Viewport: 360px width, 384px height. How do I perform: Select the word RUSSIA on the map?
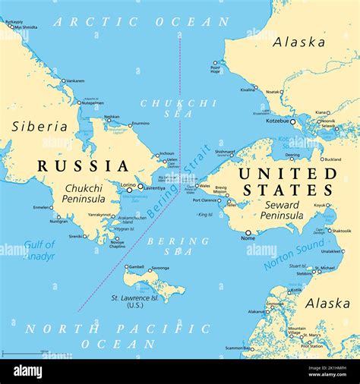84,165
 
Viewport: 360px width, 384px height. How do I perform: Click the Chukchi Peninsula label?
84,194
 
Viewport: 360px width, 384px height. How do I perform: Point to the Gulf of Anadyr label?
39,250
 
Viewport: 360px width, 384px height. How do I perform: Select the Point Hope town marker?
215,62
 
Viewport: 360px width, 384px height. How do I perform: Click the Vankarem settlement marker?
62,80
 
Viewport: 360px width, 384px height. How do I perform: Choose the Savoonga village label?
159,268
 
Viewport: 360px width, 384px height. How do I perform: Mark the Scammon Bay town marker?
250,348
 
